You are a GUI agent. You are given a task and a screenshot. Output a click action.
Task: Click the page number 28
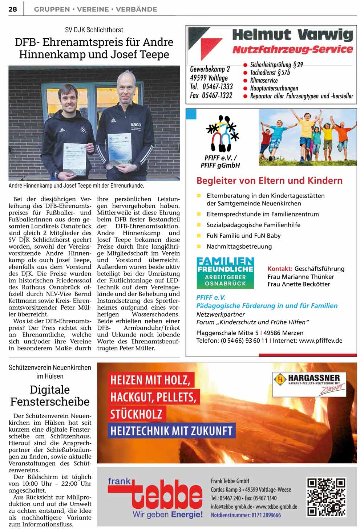(x=13, y=9)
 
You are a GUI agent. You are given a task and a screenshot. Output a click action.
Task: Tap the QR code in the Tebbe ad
(x=326, y=497)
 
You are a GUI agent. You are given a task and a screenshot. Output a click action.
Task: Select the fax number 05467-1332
(x=217, y=95)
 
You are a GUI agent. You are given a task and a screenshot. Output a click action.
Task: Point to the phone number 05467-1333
(x=217, y=87)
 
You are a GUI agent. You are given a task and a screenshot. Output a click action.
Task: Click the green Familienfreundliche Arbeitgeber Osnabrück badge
(x=225, y=273)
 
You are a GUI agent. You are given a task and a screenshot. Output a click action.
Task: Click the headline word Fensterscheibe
(x=50, y=402)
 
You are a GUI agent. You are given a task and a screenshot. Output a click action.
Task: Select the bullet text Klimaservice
(x=264, y=80)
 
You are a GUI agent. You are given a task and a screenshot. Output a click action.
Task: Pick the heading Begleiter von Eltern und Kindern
(x=269, y=180)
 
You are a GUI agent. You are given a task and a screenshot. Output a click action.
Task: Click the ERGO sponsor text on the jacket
(x=136, y=125)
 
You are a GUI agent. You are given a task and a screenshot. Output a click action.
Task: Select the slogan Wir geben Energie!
(x=167, y=514)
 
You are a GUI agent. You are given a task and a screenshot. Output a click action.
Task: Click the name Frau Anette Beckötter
(x=299, y=284)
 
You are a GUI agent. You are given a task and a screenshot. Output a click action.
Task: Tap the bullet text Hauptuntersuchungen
(x=274, y=88)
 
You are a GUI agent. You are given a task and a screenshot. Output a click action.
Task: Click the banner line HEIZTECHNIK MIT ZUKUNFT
(x=171, y=431)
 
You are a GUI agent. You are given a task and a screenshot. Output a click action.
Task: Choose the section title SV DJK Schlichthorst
(x=94, y=30)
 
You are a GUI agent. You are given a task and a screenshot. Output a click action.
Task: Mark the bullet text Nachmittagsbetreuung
(x=239, y=247)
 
